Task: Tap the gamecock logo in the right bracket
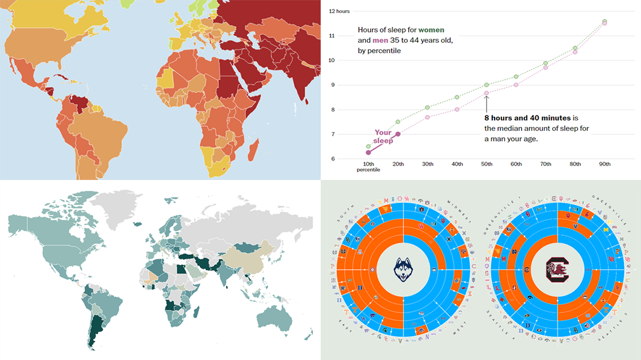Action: [553, 270]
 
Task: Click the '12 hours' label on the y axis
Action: [339, 11]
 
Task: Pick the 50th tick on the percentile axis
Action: [486, 164]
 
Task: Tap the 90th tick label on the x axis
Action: [604, 164]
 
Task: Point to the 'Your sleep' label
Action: [383, 137]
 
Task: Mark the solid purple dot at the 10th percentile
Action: [368, 153]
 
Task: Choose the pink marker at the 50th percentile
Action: [486, 93]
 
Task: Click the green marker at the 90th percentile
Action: [604, 21]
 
